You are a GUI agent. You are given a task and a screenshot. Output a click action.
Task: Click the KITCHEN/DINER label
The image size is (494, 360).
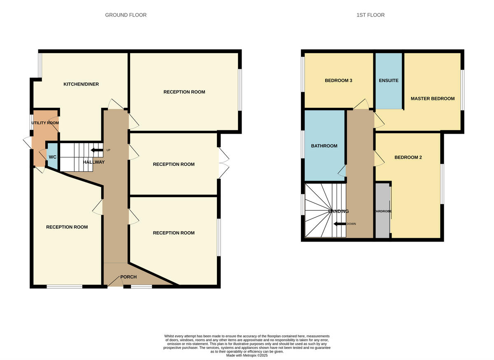tap(81, 84)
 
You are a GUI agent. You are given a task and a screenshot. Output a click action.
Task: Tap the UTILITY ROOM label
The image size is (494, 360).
tap(45, 123)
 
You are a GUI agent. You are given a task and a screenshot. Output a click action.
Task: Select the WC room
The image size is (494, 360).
tap(52, 157)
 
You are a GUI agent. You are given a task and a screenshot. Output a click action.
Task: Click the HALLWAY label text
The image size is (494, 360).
tap(94, 162)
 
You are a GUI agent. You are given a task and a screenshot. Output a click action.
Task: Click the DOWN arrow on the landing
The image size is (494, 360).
tap(340, 224)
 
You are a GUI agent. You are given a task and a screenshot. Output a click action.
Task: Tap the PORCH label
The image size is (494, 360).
tap(128, 277)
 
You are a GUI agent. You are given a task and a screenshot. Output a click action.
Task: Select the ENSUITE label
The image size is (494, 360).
tap(389, 81)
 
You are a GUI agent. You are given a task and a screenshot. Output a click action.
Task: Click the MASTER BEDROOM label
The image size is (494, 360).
tap(433, 99)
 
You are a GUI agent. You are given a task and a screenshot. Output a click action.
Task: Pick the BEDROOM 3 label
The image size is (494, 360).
tap(338, 81)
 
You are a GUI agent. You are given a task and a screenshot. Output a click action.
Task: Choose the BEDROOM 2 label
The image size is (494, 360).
tap(408, 158)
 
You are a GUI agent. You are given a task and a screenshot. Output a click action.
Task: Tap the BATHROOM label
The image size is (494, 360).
tap(324, 146)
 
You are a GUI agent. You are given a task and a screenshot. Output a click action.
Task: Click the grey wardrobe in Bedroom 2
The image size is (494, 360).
tap(382, 211)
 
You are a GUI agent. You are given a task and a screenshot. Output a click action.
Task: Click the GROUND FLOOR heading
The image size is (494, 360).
tap(126, 15)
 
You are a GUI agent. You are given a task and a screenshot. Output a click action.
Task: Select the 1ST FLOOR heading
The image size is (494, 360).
tap(370, 15)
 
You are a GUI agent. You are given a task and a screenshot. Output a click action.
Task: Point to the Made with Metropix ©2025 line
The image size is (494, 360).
tap(247, 355)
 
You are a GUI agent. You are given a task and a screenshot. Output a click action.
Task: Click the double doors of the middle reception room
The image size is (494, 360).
tap(223, 163)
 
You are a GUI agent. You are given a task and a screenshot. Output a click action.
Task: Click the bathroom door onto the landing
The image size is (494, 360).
tap(342, 172)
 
